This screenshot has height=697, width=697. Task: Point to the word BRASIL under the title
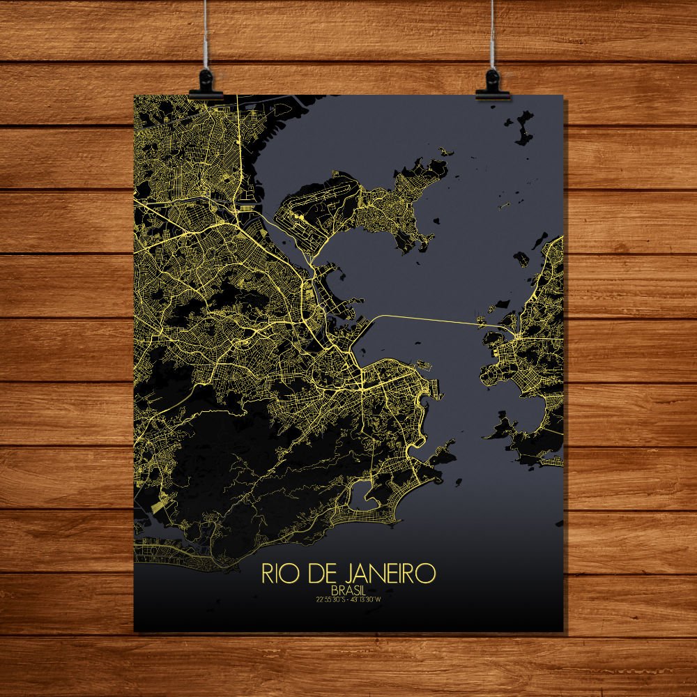(x=350, y=590)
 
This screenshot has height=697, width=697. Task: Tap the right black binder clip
(x=491, y=83)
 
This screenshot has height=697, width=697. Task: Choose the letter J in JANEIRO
(x=342, y=573)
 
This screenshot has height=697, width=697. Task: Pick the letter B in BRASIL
(x=337, y=590)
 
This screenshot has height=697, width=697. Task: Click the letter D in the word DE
(x=309, y=573)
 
